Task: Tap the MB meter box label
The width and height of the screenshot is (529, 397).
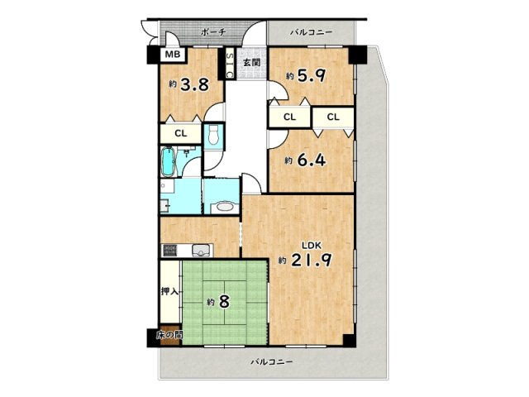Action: click(x=173, y=55)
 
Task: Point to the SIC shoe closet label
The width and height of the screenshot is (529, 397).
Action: click(x=229, y=65)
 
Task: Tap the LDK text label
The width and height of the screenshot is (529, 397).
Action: click(x=311, y=246)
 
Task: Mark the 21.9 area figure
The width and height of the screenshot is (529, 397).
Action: click(x=313, y=261)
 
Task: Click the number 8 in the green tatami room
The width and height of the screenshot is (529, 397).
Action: click(x=224, y=302)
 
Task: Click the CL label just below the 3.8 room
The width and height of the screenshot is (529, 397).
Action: click(x=181, y=132)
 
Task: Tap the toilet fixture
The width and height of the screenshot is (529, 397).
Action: click(x=214, y=137)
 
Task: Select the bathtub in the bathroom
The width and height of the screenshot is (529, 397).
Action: click(x=169, y=162)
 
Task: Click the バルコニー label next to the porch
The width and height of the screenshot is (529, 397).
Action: click(x=311, y=32)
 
